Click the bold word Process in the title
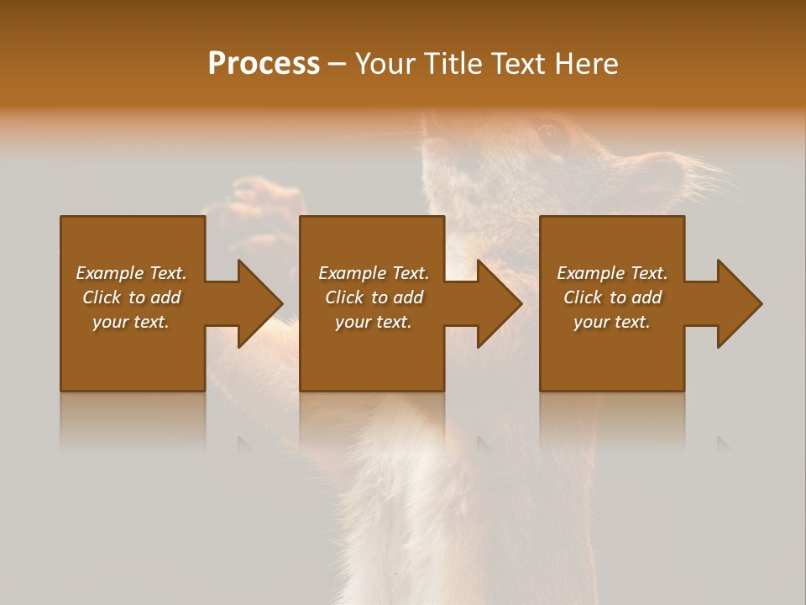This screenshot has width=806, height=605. coord(264,64)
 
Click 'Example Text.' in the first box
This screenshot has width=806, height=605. coord(131,273)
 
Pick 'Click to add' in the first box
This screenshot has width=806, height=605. coord(131,297)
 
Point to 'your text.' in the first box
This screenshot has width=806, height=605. coord(131,322)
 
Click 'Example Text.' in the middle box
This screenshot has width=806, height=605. coord(373,273)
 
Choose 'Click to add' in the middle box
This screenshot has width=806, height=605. coord(373,297)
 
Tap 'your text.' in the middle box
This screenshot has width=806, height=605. coord(373,322)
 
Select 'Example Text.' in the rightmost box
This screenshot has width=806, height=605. coord(612,273)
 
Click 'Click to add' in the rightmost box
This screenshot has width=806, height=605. coord(612,297)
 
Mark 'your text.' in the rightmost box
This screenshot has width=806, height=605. coord(612,322)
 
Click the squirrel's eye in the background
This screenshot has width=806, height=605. coord(551,132)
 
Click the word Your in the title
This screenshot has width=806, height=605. coord(384,64)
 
